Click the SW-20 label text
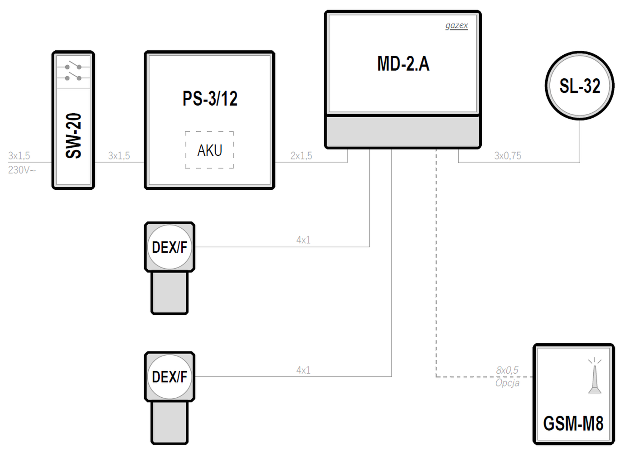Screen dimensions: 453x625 tap(73, 135)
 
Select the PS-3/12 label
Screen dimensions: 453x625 tap(210, 99)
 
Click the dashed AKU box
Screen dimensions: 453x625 tap(209, 150)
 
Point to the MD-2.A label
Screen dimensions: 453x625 tap(403, 64)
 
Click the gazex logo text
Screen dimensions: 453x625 tap(456, 25)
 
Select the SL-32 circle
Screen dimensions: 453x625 tap(579, 86)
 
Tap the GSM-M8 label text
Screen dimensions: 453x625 tap(573, 424)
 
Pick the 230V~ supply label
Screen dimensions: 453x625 tap(22, 170)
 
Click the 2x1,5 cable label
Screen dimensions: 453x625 tap(301, 156)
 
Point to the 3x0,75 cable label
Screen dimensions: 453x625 tap(508, 156)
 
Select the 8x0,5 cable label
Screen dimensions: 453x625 tap(507, 370)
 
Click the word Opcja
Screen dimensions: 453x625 tap(507, 383)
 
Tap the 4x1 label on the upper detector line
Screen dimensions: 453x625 tap(303, 240)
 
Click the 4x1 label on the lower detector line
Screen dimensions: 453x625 tap(303, 370)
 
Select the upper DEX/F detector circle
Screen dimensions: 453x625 tap(170, 247)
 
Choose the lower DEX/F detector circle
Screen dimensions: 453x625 tap(170, 376)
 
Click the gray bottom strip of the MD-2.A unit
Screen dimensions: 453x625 tap(403, 132)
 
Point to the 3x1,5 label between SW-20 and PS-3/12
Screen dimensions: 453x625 tap(119, 156)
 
